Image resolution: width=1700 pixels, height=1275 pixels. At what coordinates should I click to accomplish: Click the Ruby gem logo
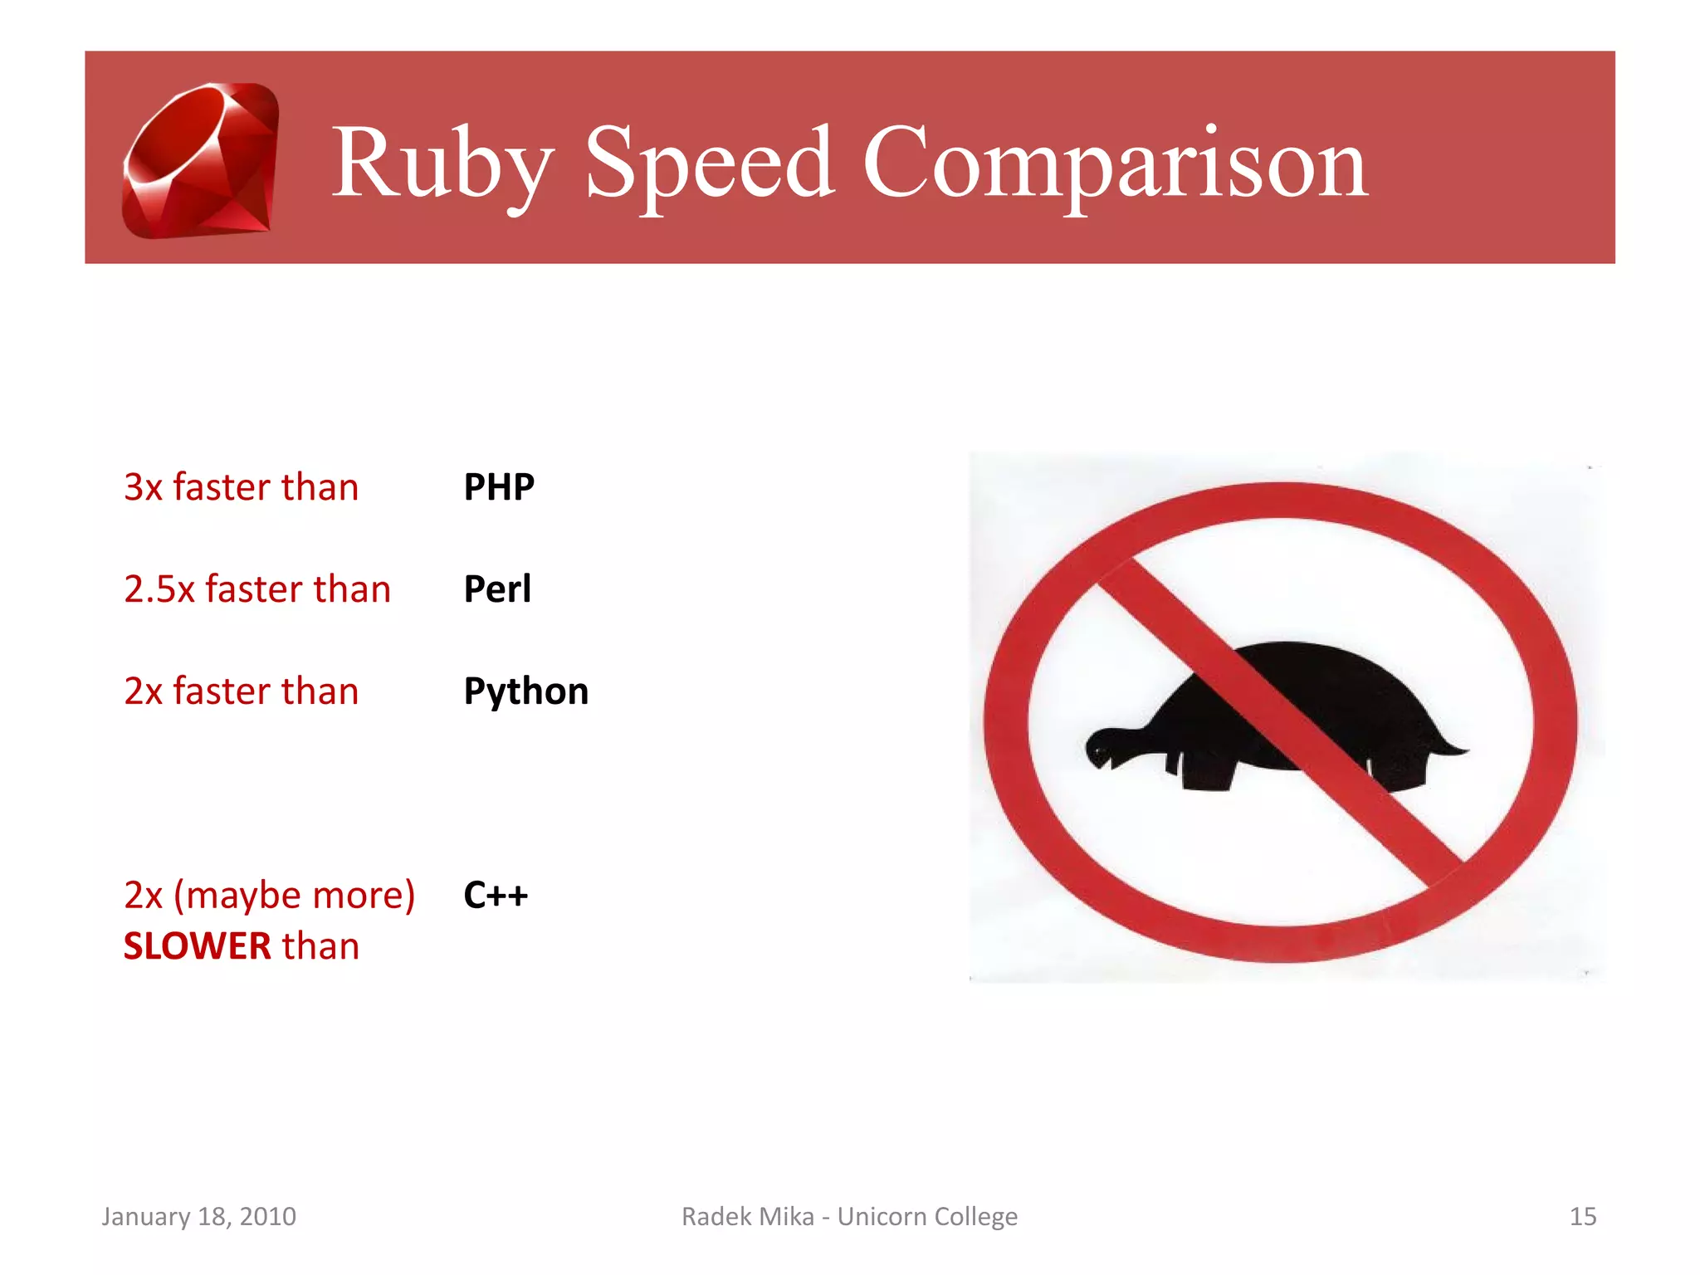coord(201,159)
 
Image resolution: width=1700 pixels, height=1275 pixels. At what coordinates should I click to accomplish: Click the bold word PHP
coord(499,487)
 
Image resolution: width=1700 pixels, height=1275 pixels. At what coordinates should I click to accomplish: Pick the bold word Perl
coord(497,589)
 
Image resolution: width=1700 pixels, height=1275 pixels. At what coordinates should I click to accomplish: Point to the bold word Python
coord(526,691)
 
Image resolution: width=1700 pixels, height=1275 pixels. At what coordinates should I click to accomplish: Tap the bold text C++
coord(496,896)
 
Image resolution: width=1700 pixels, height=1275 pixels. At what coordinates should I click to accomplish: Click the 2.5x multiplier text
coord(159,589)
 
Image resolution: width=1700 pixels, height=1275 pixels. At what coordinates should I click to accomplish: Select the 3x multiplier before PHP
coord(143,487)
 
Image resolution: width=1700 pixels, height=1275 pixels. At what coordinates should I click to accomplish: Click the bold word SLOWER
coord(198,947)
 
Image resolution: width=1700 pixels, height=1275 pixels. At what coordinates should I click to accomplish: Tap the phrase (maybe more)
coord(294,896)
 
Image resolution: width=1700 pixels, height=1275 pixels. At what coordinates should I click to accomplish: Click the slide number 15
coord(1582,1217)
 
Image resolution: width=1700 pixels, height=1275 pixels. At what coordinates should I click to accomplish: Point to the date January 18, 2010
coord(198,1217)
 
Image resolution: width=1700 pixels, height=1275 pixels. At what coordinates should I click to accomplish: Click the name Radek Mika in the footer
coord(747,1217)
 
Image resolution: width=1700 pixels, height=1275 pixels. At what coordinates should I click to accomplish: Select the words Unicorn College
coord(927,1217)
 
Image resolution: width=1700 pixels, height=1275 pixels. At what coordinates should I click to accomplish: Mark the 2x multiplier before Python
coord(143,691)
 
